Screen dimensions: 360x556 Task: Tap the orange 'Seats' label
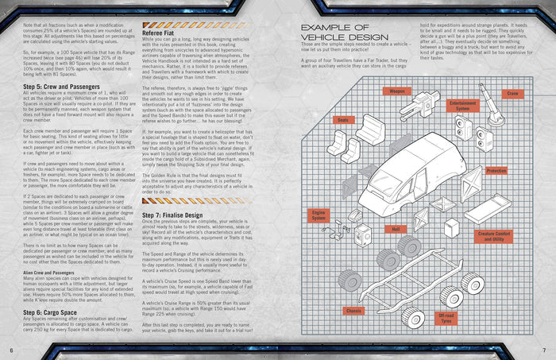pyautogui.click(x=322, y=120)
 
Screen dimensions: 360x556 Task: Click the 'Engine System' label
pyautogui.click(x=319, y=215)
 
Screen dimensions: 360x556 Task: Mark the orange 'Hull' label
pyautogui.click(x=395, y=229)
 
